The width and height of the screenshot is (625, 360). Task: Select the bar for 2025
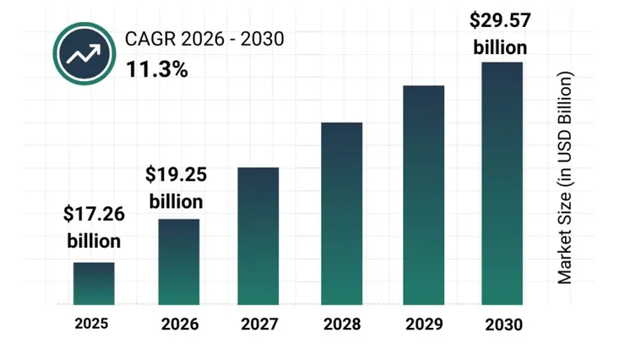point(93,283)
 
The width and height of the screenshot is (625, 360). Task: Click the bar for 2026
point(179,261)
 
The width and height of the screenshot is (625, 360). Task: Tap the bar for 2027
point(258,236)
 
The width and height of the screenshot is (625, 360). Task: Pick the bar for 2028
point(341,213)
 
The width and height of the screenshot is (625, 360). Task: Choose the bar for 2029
point(423,194)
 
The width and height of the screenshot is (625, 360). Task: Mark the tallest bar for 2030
point(503,183)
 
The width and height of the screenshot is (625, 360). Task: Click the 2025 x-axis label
point(91,323)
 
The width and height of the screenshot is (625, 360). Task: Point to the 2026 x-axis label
point(179,324)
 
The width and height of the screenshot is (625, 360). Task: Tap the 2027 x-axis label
point(258,324)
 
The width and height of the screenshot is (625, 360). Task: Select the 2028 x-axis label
point(341,324)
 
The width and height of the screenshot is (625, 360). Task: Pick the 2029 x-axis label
point(423,324)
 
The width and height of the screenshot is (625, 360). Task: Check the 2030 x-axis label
point(504,325)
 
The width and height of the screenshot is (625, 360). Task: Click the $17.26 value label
point(94,215)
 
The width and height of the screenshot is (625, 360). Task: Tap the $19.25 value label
point(176,175)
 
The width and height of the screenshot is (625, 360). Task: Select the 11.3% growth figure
point(157,68)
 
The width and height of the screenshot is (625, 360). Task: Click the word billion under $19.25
point(176,202)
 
